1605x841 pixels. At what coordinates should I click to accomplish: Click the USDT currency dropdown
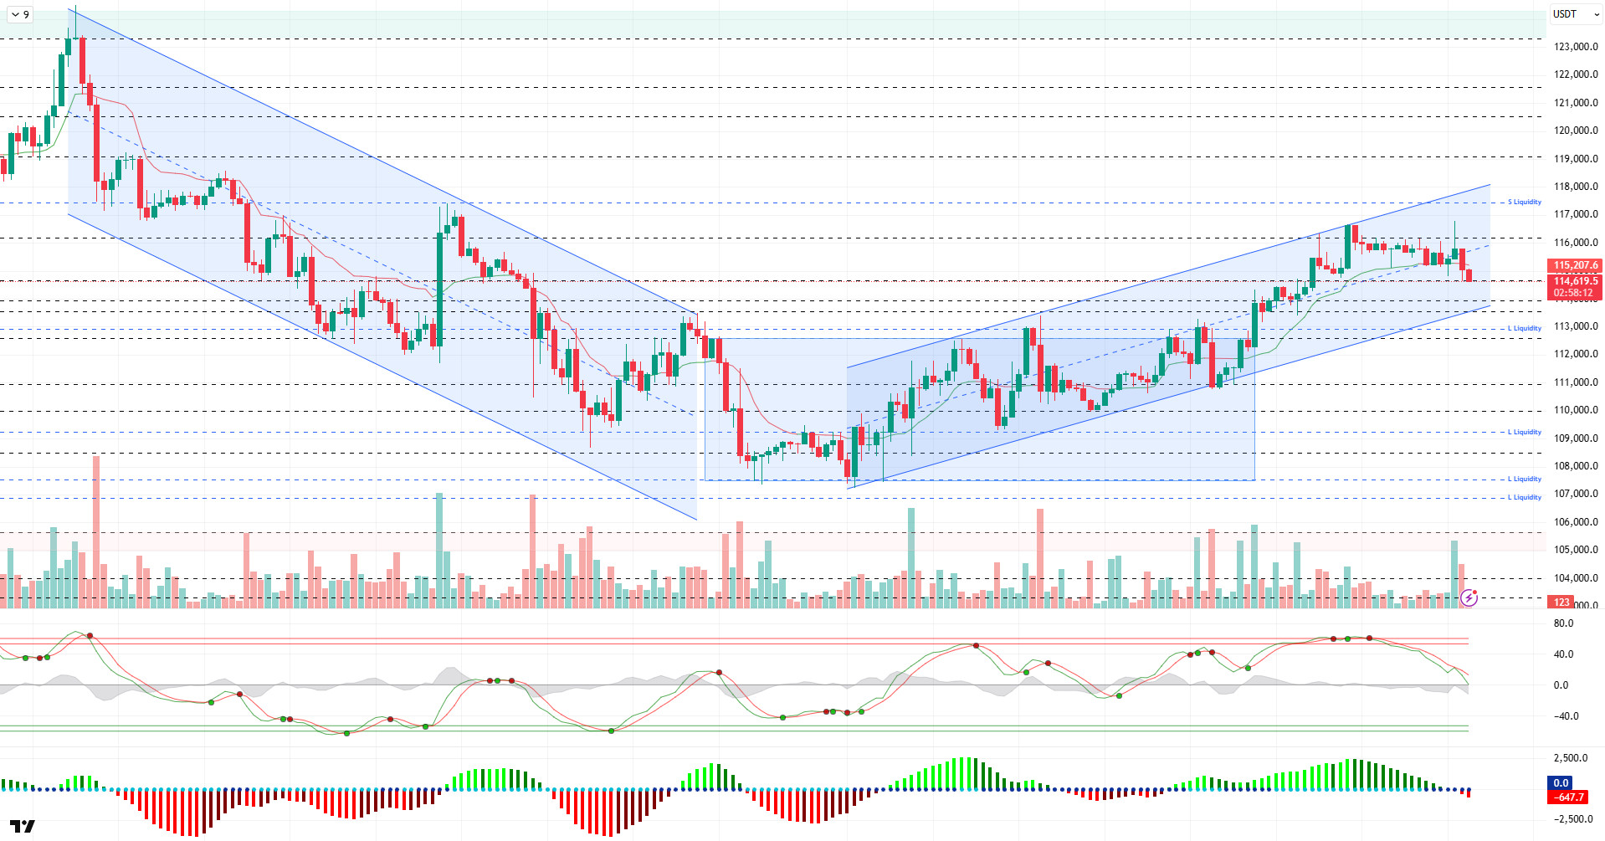(x=1576, y=14)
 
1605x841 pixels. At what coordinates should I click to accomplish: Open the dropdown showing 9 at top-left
(x=21, y=14)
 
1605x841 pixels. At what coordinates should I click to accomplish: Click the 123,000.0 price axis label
(x=1576, y=47)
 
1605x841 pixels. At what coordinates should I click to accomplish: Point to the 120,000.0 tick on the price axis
(x=1576, y=131)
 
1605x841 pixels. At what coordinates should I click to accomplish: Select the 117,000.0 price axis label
(x=1576, y=214)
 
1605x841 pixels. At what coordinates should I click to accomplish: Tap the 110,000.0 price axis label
(x=1576, y=410)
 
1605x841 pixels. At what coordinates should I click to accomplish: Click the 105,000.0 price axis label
(x=1576, y=550)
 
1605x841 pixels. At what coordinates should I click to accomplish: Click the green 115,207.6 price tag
(x=1576, y=265)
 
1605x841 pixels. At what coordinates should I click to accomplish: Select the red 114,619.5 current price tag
(x=1576, y=281)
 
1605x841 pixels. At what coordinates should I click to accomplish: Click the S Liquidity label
(x=1525, y=202)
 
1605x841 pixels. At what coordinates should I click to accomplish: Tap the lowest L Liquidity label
(x=1525, y=497)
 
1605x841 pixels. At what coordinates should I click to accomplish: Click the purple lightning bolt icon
(x=1469, y=597)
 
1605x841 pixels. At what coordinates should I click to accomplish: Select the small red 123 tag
(x=1561, y=603)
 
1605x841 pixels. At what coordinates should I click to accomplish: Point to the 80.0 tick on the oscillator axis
(x=1563, y=623)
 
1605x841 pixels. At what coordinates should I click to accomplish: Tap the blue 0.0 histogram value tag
(x=1561, y=783)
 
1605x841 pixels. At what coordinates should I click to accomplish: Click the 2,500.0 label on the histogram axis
(x=1571, y=758)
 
